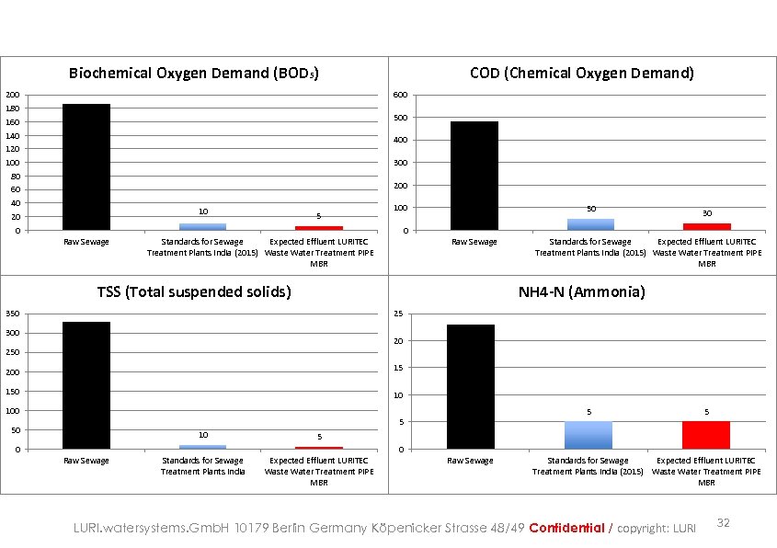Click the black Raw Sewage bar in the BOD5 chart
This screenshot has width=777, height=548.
pos(86,166)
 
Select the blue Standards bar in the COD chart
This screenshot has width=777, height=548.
pos(589,224)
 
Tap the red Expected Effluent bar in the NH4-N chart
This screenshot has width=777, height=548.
pos(706,435)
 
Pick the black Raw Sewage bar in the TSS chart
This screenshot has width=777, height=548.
pos(86,385)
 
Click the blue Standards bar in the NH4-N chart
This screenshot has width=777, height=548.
pos(588,435)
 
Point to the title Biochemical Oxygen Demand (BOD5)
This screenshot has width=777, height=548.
pos(194,74)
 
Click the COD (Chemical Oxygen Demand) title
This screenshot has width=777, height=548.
pos(581,73)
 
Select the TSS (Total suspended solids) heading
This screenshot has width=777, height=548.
pos(194,292)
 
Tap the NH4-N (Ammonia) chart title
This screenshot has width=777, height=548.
pos(581,292)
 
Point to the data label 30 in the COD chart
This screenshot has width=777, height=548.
pos(706,213)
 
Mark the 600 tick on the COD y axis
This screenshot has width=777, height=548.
pos(398,96)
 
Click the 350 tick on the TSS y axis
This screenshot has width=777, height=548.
pos(10,314)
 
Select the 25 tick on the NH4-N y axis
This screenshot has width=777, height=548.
pos(398,314)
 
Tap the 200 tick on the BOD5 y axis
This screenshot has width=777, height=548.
pos(10,96)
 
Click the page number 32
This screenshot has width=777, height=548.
pos(723,523)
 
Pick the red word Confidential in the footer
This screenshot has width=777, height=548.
pos(566,528)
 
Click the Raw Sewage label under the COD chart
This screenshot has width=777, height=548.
pos(474,243)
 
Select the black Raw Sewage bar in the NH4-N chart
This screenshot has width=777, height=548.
pos(470,387)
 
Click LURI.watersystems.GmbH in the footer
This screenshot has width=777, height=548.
pos(152,528)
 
